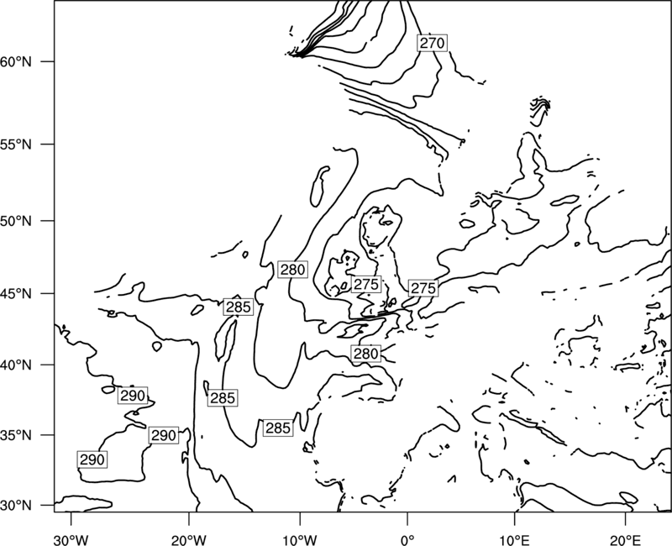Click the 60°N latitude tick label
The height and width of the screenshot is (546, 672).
click(16, 61)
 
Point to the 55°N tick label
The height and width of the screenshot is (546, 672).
click(16, 144)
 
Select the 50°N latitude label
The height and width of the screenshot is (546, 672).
click(16, 221)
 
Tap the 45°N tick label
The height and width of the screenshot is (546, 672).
click(16, 293)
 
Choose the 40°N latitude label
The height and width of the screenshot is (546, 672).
click(16, 365)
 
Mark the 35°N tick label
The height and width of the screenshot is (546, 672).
click(16, 435)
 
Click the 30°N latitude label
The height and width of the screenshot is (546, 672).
click(16, 506)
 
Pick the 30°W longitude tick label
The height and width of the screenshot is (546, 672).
click(71, 539)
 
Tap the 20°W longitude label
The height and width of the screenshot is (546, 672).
click(188, 539)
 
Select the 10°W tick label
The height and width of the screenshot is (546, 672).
click(299, 539)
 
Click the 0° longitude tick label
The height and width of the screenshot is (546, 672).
click(407, 539)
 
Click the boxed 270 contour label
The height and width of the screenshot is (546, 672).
click(432, 43)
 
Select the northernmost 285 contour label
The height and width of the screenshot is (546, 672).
click(239, 307)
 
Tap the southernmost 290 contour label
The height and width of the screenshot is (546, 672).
click(92, 459)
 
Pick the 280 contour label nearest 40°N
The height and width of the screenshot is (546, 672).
click(365, 354)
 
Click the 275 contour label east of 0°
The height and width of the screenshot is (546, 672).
click(423, 288)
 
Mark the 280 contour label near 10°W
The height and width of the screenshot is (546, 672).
click(292, 270)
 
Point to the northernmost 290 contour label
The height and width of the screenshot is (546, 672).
click(133, 396)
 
